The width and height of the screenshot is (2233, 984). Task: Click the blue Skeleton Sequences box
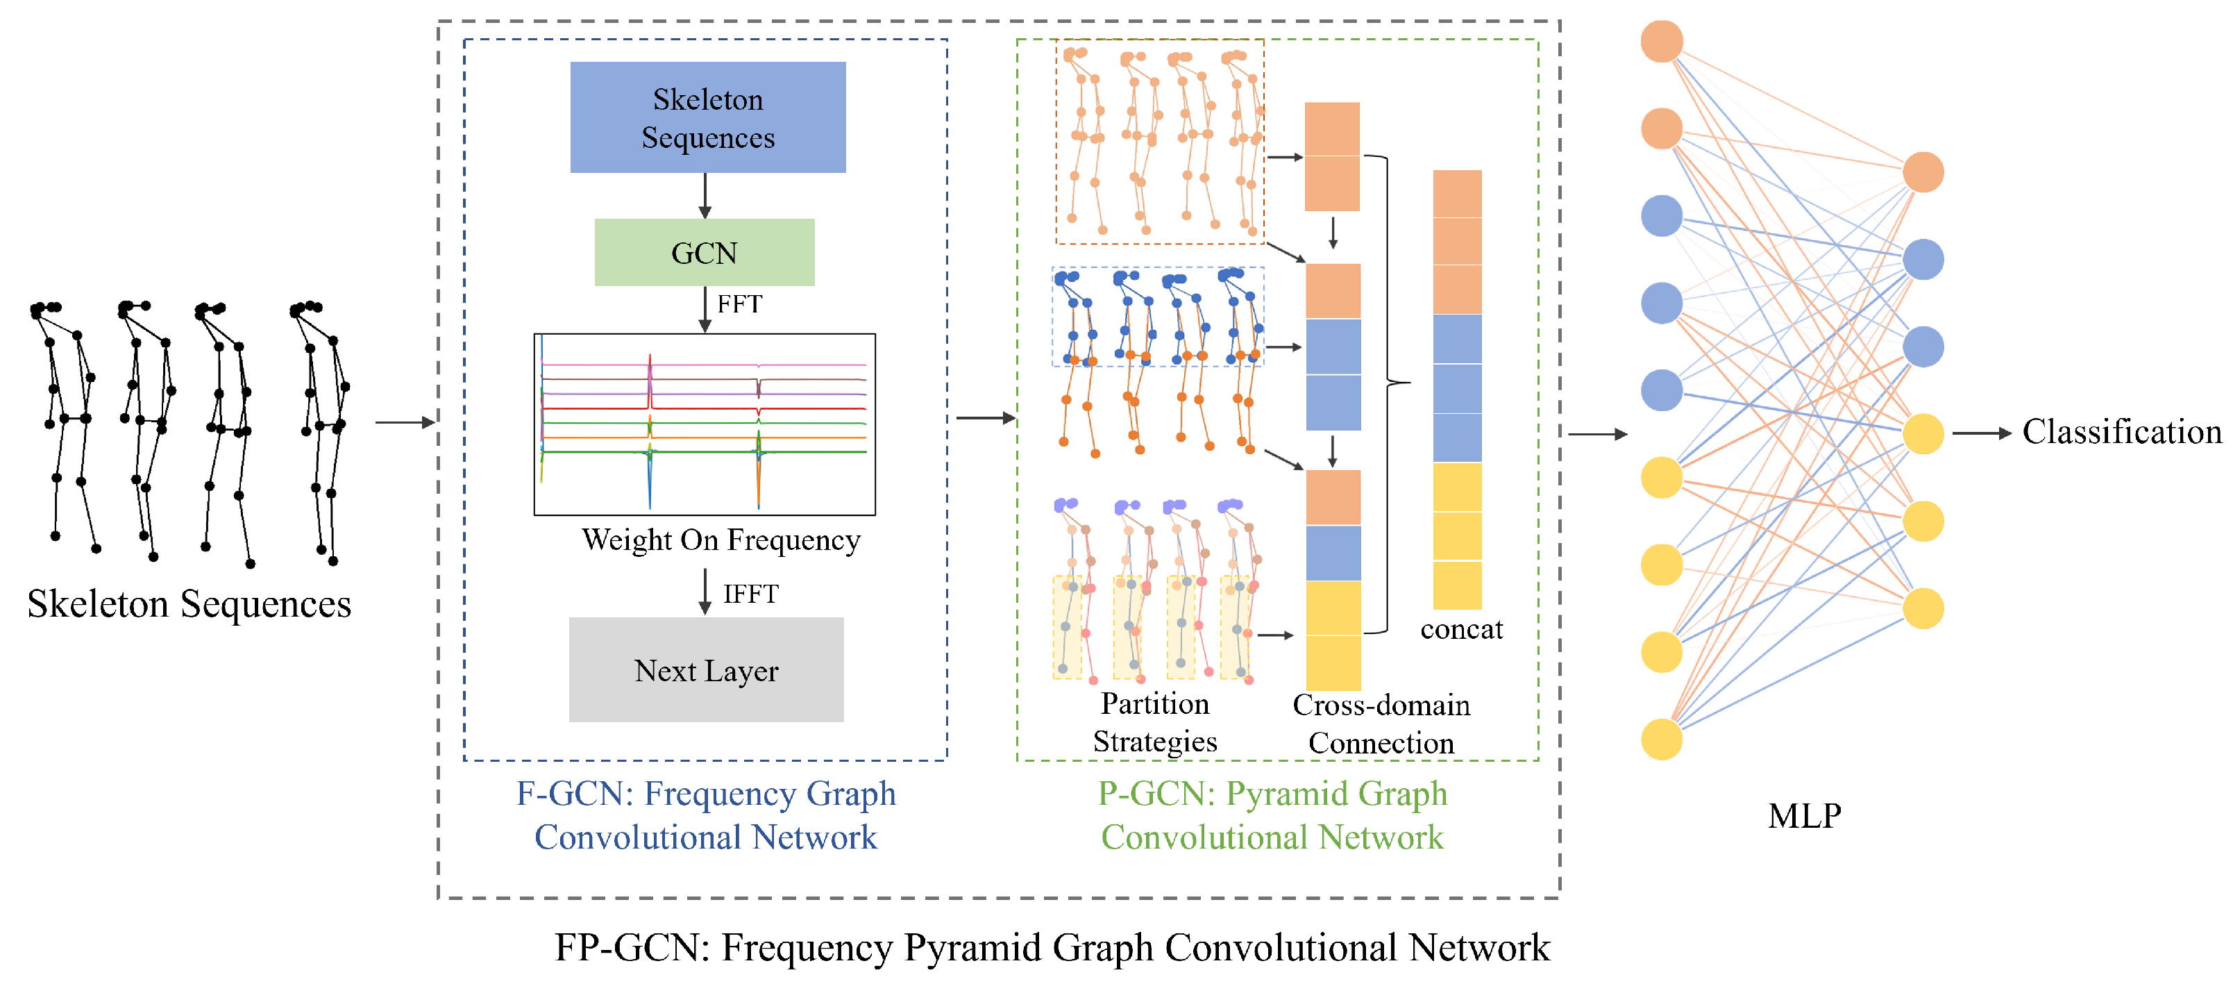pyautogui.click(x=707, y=117)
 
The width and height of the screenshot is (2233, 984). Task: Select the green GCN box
pyautogui.click(x=704, y=252)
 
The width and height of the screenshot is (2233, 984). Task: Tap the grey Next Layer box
pyautogui.click(x=706, y=669)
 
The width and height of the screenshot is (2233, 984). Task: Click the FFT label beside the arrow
pyautogui.click(x=739, y=304)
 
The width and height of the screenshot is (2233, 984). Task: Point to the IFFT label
pyautogui.click(x=750, y=594)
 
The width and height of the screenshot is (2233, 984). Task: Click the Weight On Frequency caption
pyautogui.click(x=721, y=540)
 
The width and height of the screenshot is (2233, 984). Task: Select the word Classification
pyautogui.click(x=2122, y=432)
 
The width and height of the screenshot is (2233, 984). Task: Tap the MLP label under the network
pyautogui.click(x=1805, y=816)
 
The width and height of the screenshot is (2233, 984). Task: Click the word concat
pyautogui.click(x=1462, y=629)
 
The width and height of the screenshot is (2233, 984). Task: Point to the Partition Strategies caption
pyautogui.click(x=1154, y=722)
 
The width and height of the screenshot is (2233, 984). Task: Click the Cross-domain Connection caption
pyautogui.click(x=1381, y=724)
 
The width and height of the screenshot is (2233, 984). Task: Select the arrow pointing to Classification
pyautogui.click(x=1982, y=433)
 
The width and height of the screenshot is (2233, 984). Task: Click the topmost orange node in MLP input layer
pyautogui.click(x=1662, y=42)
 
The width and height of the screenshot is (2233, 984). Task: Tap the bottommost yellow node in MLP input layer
pyautogui.click(x=1662, y=740)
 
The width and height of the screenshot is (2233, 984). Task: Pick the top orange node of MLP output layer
pyautogui.click(x=1923, y=172)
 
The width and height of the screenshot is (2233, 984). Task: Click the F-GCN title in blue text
pyautogui.click(x=706, y=815)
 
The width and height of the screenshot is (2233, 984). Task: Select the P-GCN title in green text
pyautogui.click(x=1272, y=815)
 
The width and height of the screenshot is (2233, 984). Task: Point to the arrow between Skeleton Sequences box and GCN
pyautogui.click(x=705, y=196)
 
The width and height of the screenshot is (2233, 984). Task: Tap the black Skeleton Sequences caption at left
pyautogui.click(x=189, y=603)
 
